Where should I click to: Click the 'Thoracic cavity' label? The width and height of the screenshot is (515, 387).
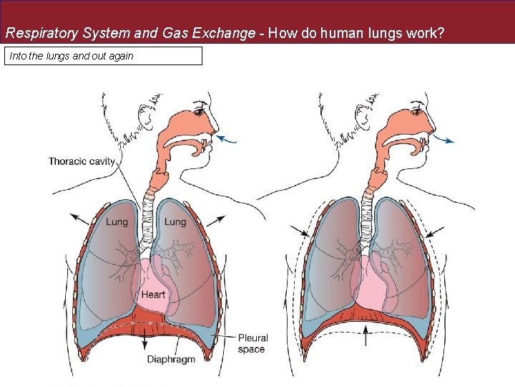point(82,161)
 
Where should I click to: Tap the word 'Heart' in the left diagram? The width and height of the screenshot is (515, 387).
point(153,295)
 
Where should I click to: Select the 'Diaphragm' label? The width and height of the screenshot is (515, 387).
point(171,359)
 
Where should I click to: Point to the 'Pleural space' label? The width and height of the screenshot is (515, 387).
point(252,343)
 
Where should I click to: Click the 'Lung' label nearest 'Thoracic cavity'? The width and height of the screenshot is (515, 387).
point(117,222)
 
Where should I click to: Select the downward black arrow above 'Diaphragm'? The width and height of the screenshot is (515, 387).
point(146,340)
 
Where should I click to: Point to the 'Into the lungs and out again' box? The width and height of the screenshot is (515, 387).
point(104,56)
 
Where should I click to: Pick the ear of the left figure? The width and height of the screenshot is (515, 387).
point(147,113)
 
